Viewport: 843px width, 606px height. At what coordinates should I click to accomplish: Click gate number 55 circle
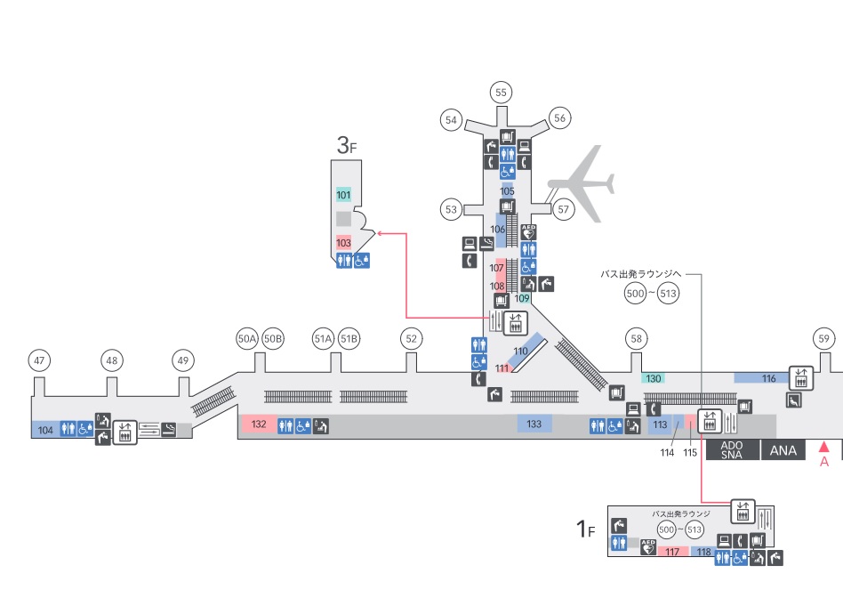[x=501, y=92]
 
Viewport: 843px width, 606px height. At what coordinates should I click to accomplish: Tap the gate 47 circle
[x=39, y=360]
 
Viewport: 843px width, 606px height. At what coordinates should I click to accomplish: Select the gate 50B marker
[x=273, y=338]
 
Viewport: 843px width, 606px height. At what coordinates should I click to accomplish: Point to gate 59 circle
[x=823, y=338]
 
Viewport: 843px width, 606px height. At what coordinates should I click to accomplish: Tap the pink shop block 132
[x=259, y=424]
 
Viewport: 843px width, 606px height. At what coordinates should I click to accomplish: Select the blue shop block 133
[x=534, y=424]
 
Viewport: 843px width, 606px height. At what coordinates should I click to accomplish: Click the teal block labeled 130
[x=654, y=378]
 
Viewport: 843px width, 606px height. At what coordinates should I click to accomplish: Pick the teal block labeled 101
[x=343, y=195]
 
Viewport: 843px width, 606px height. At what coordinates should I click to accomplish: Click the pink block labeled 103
[x=343, y=242]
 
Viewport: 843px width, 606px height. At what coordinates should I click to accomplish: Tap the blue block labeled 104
[x=45, y=430]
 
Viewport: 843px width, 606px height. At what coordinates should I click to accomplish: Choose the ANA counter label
[x=783, y=450]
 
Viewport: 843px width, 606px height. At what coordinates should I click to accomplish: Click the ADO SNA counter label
[x=732, y=450]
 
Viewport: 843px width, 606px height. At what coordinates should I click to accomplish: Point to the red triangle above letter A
[x=823, y=447]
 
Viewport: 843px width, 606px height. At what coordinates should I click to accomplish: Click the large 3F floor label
[x=346, y=145]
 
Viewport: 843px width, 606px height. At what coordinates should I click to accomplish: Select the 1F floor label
[x=585, y=529]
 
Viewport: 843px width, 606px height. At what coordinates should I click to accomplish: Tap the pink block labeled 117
[x=672, y=552]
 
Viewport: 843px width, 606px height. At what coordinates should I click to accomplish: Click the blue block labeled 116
[x=761, y=378]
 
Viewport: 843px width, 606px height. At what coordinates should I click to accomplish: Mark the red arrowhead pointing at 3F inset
[x=380, y=233]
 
